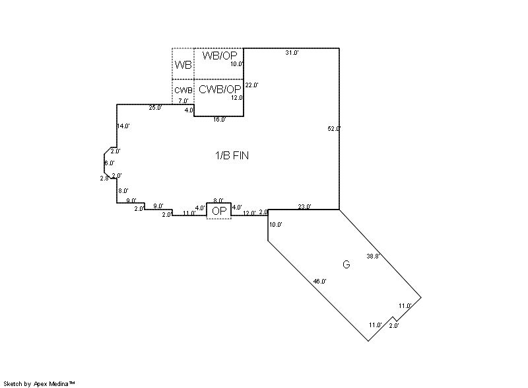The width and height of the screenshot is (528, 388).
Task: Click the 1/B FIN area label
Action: pos(232,155)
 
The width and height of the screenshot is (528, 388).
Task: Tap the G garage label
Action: pos(346,264)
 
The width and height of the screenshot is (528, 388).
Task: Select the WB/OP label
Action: pos(220,56)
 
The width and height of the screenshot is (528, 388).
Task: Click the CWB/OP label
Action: pos(220,89)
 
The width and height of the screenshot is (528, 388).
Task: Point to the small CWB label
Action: pos(183,91)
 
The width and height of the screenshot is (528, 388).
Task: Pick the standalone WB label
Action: pos(183,64)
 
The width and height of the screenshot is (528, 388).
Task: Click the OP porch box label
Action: pos(219,211)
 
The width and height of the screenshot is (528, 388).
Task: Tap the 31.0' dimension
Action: pos(292,53)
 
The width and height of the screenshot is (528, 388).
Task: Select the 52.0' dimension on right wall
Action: pos(334,128)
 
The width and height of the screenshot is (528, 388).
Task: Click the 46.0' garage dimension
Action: pos(319,281)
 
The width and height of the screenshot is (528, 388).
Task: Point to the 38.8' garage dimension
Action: pos(373,256)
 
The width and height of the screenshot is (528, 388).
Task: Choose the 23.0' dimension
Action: pos(304,207)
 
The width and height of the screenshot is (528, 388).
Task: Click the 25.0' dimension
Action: pos(155,108)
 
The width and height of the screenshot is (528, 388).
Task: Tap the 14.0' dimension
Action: pos(123,126)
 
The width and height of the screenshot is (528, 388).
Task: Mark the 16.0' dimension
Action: pos(219,120)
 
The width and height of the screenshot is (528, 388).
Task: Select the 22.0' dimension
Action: pos(251,85)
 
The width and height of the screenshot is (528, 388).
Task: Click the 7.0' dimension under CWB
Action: pos(183,100)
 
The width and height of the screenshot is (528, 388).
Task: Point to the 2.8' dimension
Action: pos(104,178)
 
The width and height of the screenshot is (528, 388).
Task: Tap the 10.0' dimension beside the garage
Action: pos(276,225)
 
